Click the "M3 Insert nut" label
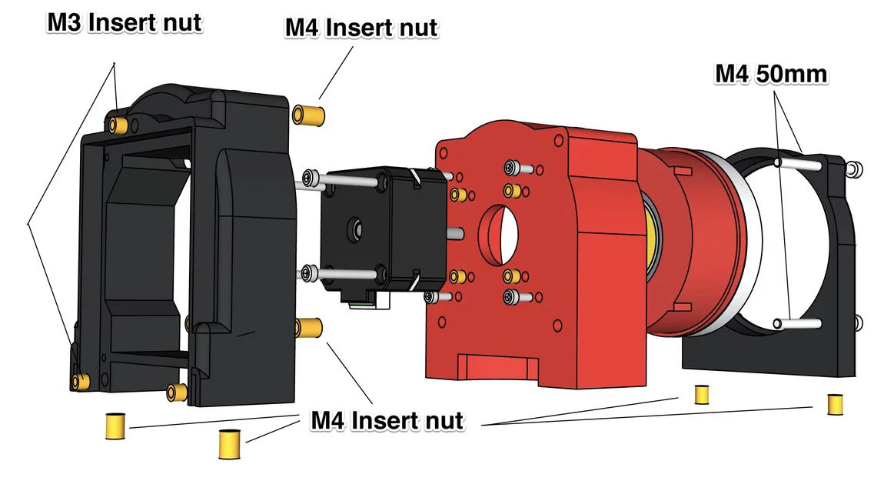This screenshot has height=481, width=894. (x=125, y=22)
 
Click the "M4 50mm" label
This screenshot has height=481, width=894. (x=771, y=74)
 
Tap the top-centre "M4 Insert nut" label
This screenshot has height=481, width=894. (x=361, y=28)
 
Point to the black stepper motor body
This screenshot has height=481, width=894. (x=369, y=231)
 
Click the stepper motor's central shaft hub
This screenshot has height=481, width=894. (x=357, y=228)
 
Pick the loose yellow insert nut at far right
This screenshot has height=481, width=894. (x=835, y=404)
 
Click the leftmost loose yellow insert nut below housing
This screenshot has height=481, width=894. (x=115, y=426)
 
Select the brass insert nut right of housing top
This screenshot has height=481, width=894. (x=308, y=115)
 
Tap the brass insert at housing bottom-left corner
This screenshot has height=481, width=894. (x=81, y=380)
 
